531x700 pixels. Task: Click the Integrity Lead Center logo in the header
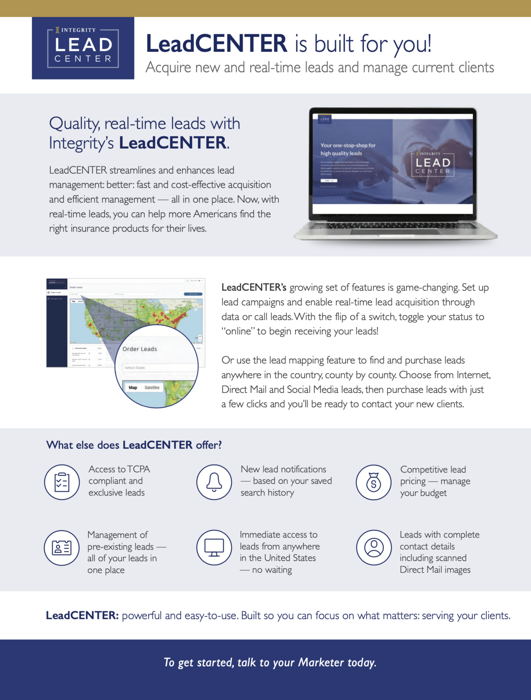pyautogui.click(x=83, y=48)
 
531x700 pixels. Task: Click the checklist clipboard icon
pyautogui.click(x=62, y=482)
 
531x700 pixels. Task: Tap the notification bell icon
pyautogui.click(x=214, y=482)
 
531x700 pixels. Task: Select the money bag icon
pyautogui.click(x=373, y=482)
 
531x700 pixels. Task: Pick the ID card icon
pyautogui.click(x=61, y=548)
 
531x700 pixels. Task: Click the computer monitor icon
pyautogui.click(x=214, y=548)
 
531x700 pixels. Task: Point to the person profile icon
pyautogui.click(x=374, y=547)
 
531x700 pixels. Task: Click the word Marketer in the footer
pyautogui.click(x=321, y=662)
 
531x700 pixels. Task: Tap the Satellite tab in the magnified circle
pyautogui.click(x=152, y=387)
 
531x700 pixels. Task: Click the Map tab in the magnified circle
pyautogui.click(x=133, y=387)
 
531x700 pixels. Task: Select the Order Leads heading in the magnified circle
pyautogui.click(x=140, y=349)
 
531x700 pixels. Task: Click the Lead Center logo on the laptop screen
pyautogui.click(x=433, y=163)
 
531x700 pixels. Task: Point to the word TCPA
pyautogui.click(x=139, y=469)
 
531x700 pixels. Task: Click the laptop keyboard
pyautogui.click(x=394, y=226)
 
